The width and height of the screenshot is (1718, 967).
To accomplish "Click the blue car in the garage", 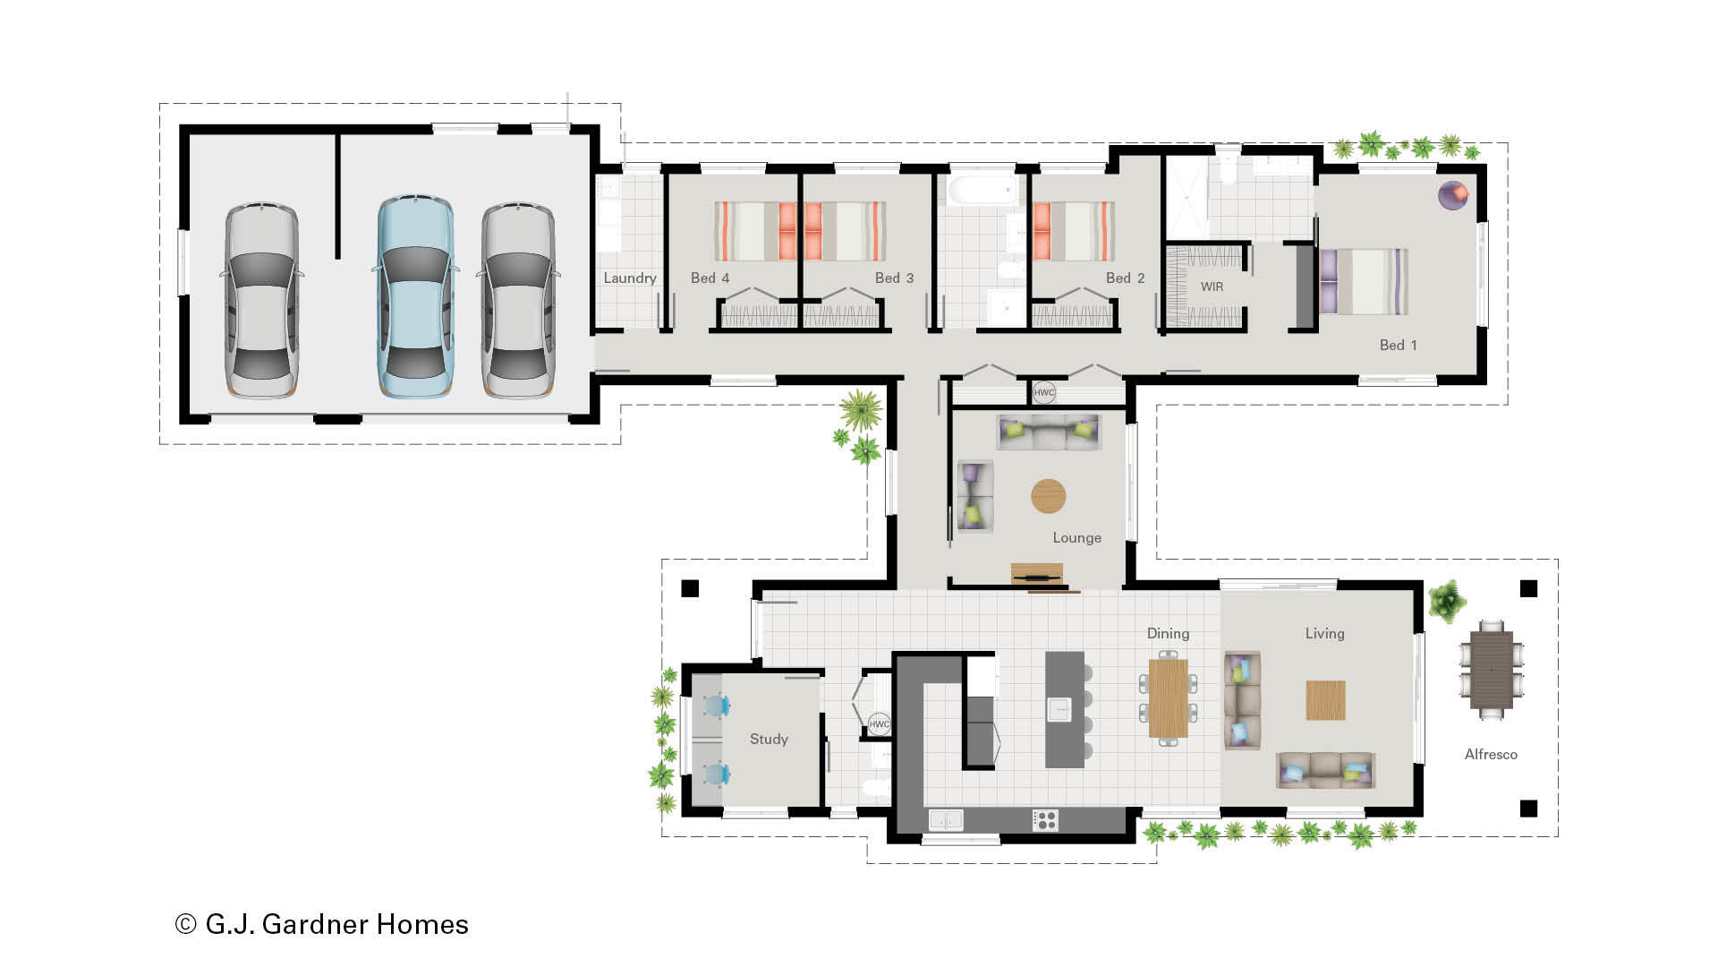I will click(414, 297).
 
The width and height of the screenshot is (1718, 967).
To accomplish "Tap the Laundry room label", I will click(629, 278).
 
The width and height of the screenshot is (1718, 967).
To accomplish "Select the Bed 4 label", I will click(710, 278).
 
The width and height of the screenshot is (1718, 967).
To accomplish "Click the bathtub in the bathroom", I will click(982, 191).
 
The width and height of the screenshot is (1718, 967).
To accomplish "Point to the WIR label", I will click(1212, 287).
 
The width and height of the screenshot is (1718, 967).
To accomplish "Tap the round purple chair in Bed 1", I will click(1453, 195).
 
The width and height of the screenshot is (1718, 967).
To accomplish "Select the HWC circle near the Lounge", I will click(1044, 392).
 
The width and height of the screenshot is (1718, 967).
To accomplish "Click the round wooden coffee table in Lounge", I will click(1049, 496).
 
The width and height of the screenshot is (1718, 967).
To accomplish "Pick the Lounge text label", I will click(1076, 537).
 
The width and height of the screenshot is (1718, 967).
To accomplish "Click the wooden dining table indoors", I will click(1168, 698).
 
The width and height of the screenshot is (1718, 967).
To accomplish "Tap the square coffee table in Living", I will click(1325, 700).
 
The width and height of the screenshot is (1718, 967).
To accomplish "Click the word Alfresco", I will click(1491, 754).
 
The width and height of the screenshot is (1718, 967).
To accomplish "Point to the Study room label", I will click(769, 739).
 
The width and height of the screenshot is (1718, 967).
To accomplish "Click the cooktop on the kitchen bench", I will click(1044, 819).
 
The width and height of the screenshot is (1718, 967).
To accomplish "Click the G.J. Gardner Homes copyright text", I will click(322, 924).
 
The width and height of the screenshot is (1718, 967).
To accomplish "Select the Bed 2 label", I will click(1125, 278).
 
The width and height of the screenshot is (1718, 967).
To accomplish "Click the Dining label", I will click(1168, 633).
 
